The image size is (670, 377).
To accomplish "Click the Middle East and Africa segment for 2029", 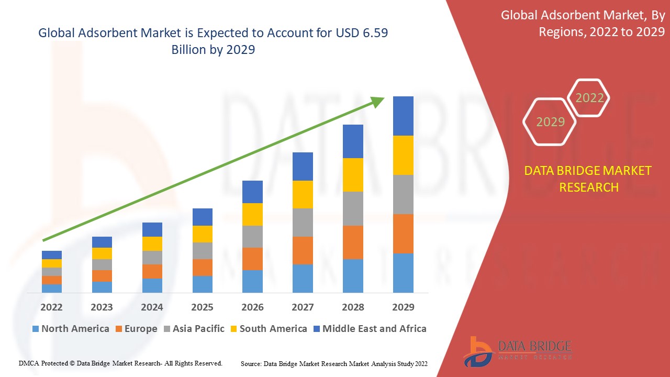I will click(x=403, y=116).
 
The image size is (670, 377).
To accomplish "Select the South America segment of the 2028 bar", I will click(x=353, y=175).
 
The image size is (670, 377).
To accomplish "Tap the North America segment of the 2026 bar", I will click(x=252, y=281).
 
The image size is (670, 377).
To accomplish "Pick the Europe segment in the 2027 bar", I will click(x=303, y=250).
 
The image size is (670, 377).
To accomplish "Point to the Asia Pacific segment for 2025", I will click(x=203, y=251).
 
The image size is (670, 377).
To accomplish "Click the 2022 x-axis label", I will click(x=52, y=307).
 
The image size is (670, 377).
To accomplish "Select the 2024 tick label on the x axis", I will click(x=152, y=307).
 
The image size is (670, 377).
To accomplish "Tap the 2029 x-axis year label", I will click(x=403, y=307).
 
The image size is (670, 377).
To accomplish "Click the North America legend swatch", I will click(x=36, y=329).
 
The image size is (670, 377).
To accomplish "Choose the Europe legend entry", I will click(x=135, y=329).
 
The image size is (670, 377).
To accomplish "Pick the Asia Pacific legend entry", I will click(x=194, y=329).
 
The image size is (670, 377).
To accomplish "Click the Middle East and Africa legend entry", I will click(x=369, y=329).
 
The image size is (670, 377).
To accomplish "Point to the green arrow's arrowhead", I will click(x=378, y=101).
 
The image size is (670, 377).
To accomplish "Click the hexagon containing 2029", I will click(x=550, y=122).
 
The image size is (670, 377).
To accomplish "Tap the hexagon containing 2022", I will click(x=589, y=98).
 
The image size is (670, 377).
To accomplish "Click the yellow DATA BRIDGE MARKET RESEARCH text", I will click(x=588, y=179).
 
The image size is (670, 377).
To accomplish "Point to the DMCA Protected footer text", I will click(x=120, y=363).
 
